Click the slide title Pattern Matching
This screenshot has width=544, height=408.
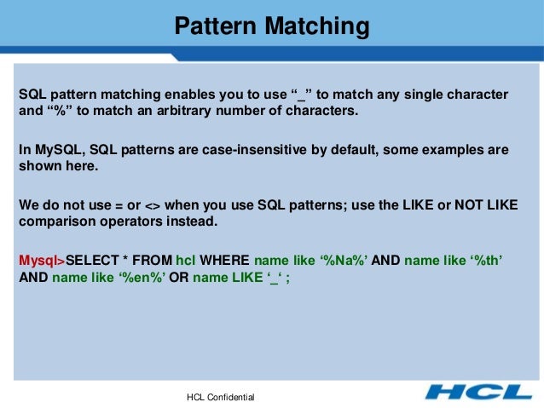(x=272, y=26)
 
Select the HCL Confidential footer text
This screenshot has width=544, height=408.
(x=220, y=398)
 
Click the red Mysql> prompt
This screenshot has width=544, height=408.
(x=42, y=260)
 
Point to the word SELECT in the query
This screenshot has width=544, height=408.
(x=92, y=260)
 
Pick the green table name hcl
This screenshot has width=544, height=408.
(x=185, y=260)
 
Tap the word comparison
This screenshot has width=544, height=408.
(x=55, y=222)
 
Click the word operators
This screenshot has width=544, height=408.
(x=131, y=222)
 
